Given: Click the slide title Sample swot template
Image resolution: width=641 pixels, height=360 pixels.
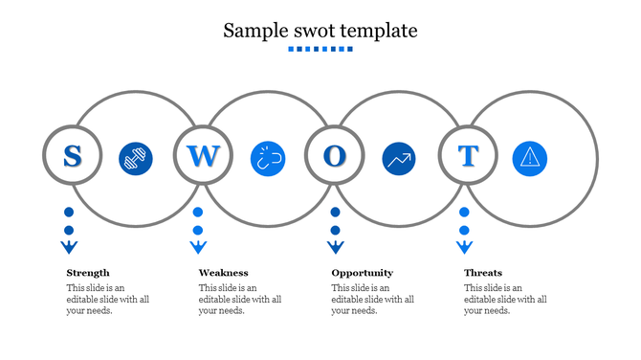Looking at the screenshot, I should (320, 30).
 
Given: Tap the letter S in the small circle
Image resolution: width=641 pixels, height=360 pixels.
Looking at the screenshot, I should (71, 155).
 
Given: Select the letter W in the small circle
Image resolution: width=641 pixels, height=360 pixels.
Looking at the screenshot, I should (203, 155).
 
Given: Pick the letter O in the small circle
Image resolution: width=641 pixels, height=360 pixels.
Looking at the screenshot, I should (334, 155).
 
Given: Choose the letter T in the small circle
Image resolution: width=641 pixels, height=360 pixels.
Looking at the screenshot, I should (467, 155).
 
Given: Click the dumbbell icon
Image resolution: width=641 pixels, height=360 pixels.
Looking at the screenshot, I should (136, 159).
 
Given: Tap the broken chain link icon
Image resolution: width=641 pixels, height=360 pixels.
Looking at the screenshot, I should (268, 159).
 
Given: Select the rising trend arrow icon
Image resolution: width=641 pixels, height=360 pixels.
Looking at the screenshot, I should (399, 159).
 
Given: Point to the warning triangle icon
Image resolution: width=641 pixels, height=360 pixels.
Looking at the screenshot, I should (530, 159).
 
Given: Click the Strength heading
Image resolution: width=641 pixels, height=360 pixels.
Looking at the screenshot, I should (88, 273).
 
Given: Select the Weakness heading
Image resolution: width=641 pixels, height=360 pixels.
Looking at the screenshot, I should (223, 273).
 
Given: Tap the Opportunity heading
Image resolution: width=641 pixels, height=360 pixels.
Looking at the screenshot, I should (362, 273).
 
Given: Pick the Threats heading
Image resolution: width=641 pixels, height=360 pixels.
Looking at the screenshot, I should (483, 273).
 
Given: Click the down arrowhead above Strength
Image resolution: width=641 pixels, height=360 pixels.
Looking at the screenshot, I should (69, 248).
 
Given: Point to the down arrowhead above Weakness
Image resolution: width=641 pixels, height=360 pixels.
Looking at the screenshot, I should (198, 248).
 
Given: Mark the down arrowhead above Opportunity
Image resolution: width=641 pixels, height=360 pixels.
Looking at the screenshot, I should (335, 248).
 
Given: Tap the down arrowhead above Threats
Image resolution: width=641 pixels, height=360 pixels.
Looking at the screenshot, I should (464, 248).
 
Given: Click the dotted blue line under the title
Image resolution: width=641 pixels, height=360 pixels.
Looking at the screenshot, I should (320, 49).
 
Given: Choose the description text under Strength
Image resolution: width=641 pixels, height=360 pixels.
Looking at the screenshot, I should (107, 299).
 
